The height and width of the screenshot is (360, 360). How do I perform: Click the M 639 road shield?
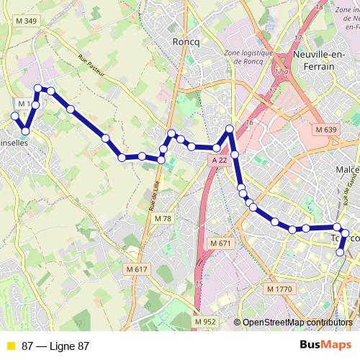325,129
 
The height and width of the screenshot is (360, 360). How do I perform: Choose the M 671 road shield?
221,243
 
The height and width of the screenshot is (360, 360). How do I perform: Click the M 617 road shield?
136,269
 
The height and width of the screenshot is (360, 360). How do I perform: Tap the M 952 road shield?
206,321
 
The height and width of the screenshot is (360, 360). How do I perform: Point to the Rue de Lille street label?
153,195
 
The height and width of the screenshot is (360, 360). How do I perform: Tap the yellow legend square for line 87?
10,346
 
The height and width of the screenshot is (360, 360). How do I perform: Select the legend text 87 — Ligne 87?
55,346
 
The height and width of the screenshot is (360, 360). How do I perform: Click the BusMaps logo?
325,346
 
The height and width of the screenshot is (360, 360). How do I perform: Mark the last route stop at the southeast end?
341,252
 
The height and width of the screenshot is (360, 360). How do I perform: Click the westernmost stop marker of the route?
14,115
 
